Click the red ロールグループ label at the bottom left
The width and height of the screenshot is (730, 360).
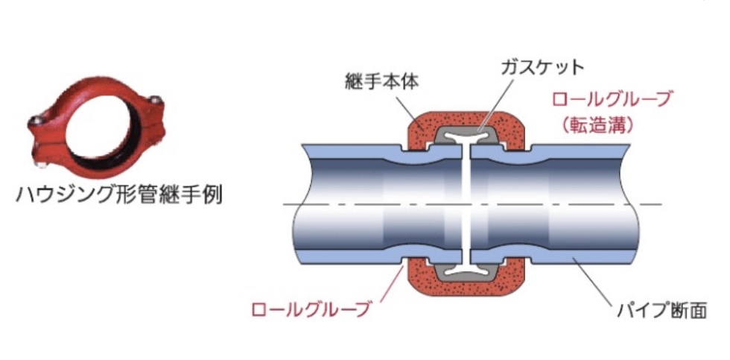click(311, 308)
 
